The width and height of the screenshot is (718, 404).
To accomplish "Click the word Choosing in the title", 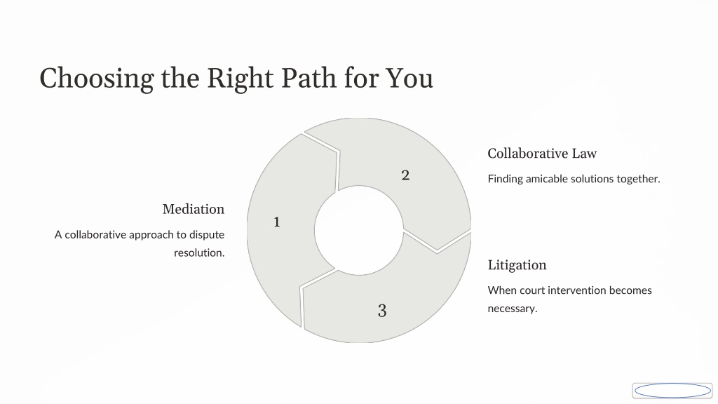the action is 96,79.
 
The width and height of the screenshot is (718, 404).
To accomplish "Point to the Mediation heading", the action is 194,209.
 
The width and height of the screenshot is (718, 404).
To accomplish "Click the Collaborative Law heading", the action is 542,154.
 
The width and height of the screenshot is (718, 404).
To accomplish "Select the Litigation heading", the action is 517,265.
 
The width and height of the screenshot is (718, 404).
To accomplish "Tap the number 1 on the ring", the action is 276,222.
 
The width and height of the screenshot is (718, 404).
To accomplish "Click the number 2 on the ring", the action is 405,175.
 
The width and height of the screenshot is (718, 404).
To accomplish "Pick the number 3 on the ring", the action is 382,311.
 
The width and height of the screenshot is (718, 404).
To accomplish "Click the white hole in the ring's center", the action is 359,230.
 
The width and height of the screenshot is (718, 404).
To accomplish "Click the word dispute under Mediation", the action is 207,235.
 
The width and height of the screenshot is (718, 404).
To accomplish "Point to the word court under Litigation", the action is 532,290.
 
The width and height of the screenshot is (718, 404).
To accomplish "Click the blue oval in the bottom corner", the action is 672,391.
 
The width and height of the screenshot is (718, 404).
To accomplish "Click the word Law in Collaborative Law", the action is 583,154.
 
